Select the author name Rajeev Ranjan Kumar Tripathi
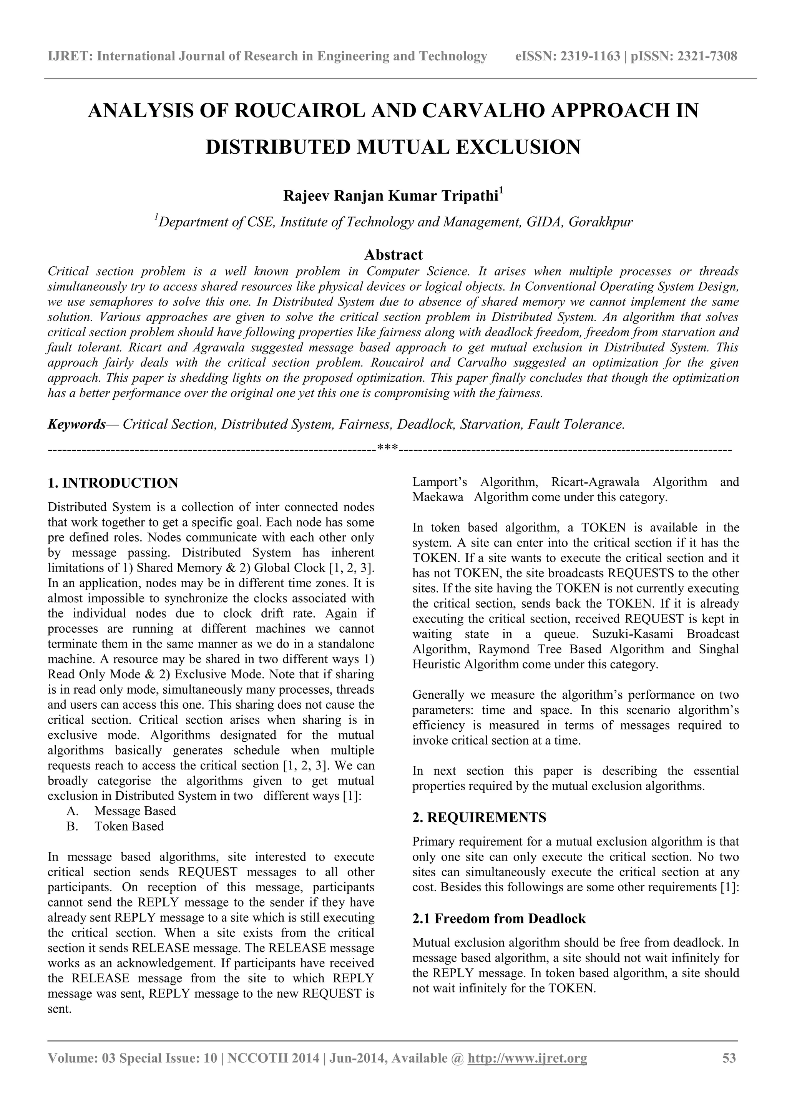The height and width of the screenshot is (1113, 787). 390,196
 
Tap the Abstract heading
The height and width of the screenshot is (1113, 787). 393,254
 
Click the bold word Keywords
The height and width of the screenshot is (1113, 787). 76,425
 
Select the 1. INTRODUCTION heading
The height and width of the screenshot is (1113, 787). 113,483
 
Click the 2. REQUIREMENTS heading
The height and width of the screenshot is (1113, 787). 479,817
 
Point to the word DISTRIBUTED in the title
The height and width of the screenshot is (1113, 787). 279,147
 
